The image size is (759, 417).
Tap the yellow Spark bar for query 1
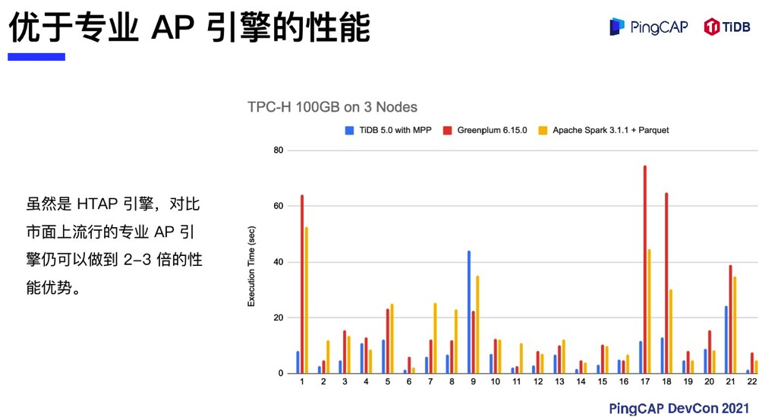click(x=307, y=300)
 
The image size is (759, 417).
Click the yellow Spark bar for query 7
click(x=435, y=338)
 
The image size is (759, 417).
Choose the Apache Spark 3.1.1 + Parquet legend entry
click(x=608, y=130)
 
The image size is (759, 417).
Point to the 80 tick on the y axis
click(x=278, y=150)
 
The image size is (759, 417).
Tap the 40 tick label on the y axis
click(x=278, y=262)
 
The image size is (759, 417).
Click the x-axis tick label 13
click(x=559, y=384)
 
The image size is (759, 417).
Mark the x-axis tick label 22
click(x=752, y=384)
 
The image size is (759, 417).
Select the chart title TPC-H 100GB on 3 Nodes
click(x=332, y=107)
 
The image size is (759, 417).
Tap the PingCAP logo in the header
click(x=649, y=27)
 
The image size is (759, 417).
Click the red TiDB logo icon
click(x=711, y=27)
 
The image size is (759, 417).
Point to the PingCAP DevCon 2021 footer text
click(x=679, y=408)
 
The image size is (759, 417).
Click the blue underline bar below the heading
click(x=36, y=57)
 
